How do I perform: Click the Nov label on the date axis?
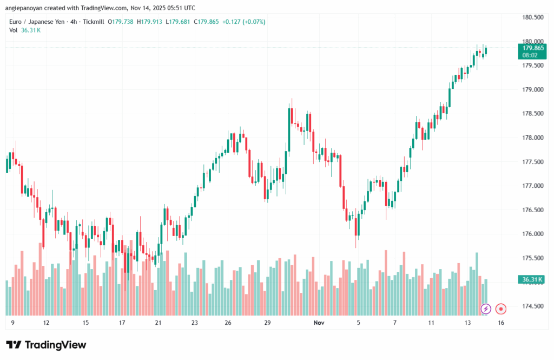[x=319, y=323]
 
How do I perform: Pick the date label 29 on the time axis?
[x=267, y=323]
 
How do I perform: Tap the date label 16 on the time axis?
[x=502, y=323]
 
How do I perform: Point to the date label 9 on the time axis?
[x=12, y=323]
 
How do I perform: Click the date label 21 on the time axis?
[x=158, y=323]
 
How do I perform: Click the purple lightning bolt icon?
[x=485, y=309]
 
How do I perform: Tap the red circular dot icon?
[x=501, y=309]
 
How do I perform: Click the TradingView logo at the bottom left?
[x=46, y=345]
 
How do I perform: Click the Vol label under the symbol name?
[x=14, y=30]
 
